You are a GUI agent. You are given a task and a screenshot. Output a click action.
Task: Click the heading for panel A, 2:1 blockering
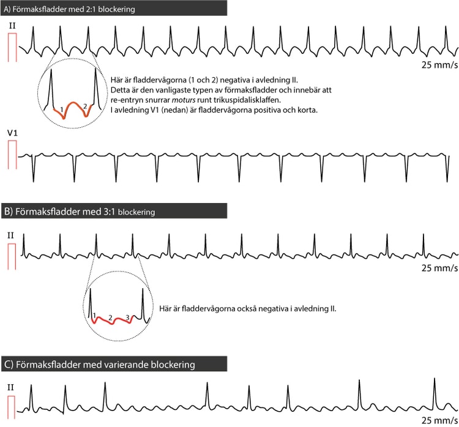click(x=69, y=9)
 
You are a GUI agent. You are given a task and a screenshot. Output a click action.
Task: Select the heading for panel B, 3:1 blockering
click(x=80, y=212)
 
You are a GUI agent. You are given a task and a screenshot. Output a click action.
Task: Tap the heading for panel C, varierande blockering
click(x=100, y=365)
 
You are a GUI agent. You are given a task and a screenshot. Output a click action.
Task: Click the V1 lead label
click(x=12, y=133)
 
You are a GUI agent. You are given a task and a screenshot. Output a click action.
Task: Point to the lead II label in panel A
click(x=12, y=26)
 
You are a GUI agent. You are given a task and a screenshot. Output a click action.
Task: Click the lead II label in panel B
click(x=11, y=236)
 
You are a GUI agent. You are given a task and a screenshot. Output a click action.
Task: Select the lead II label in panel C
click(x=11, y=387)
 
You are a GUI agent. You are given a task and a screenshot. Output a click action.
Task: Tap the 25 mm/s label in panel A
click(x=439, y=65)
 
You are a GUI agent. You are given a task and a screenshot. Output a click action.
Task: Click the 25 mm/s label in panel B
click(x=439, y=268)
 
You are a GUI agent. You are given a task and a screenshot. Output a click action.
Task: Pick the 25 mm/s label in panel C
click(x=439, y=420)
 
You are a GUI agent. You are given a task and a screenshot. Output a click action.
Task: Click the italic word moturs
click(x=184, y=100)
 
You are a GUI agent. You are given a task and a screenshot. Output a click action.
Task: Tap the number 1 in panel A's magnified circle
click(x=61, y=110)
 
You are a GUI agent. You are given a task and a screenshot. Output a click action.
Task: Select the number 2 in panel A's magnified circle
click(x=85, y=106)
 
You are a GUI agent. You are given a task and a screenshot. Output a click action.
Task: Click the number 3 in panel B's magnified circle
click(x=128, y=317)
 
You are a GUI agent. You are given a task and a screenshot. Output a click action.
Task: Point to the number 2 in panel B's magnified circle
click(x=110, y=317)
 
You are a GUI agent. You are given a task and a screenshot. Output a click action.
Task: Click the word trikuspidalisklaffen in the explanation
click(x=247, y=100)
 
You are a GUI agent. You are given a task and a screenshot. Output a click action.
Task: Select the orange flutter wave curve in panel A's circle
click(x=73, y=102)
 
